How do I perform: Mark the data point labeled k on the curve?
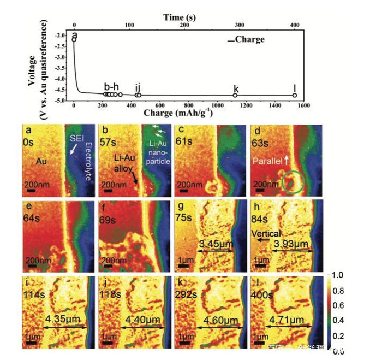tap(235, 95)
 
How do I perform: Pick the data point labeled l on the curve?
tap(295, 95)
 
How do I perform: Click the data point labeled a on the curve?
tap(74, 39)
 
